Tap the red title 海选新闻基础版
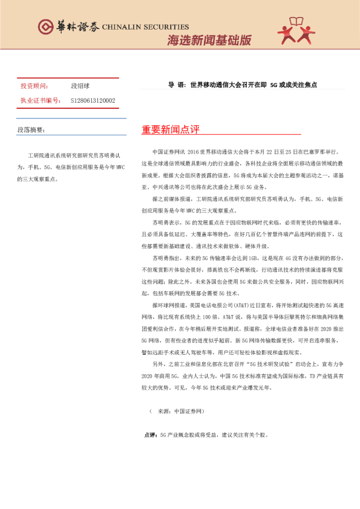(209, 41)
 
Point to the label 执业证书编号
(40, 100)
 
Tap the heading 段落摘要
(31, 129)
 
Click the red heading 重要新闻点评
(170, 131)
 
